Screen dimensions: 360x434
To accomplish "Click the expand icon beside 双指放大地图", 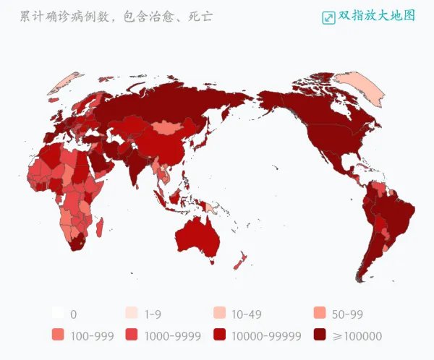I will coord(328,17).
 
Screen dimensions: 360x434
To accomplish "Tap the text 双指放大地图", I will coord(377,15).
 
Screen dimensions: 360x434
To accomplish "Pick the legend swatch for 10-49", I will coord(219,314).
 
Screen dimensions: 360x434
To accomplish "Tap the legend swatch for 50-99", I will coord(320,314).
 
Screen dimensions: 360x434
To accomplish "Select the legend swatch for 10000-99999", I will coord(219,335).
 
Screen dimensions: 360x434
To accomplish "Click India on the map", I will coord(135,163).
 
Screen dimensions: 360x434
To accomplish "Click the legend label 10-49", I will coord(246,314).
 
